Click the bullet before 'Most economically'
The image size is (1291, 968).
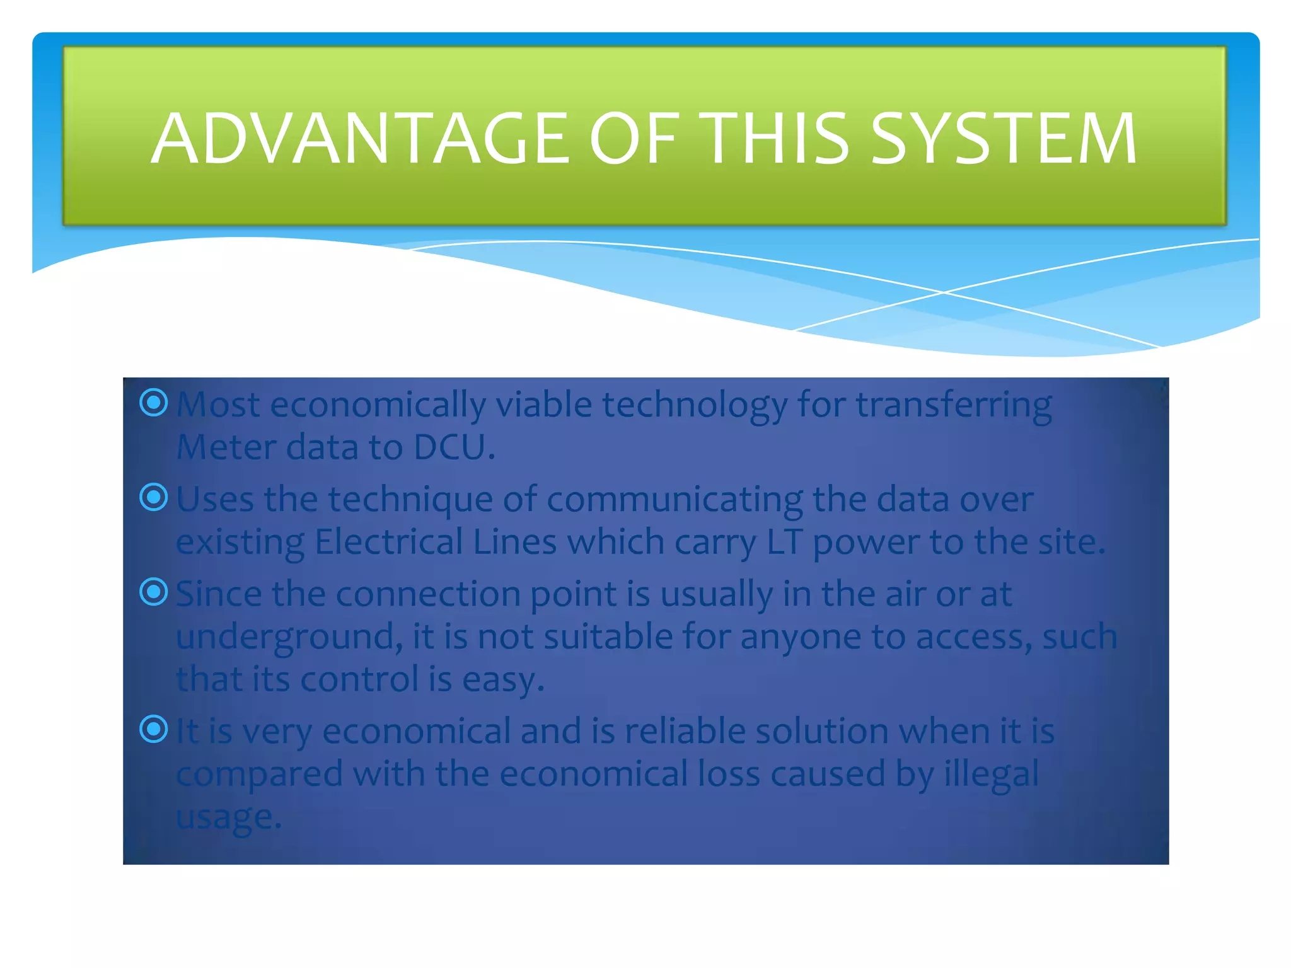pyautogui.click(x=154, y=403)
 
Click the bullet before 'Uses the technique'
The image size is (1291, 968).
pyautogui.click(x=154, y=498)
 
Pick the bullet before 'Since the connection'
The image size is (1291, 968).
pyautogui.click(x=154, y=592)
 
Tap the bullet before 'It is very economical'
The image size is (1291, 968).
pyautogui.click(x=154, y=730)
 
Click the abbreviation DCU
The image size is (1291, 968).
pyautogui.click(x=453, y=447)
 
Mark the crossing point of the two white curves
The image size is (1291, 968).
pyautogui.click(x=944, y=292)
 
